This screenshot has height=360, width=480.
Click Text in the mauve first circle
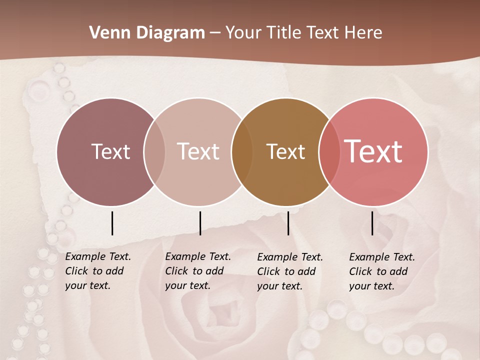[110, 151]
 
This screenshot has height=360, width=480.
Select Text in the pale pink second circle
[198, 151]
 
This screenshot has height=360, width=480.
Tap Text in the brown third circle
[285, 151]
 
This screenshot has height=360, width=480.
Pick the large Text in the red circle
[373, 151]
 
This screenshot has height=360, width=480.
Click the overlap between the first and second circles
[154, 152]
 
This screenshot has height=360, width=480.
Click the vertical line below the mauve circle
[112, 223]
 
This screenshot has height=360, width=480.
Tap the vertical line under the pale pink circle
[200, 223]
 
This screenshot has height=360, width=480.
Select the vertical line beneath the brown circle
[288, 223]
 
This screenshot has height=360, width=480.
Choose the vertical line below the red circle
[372, 223]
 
